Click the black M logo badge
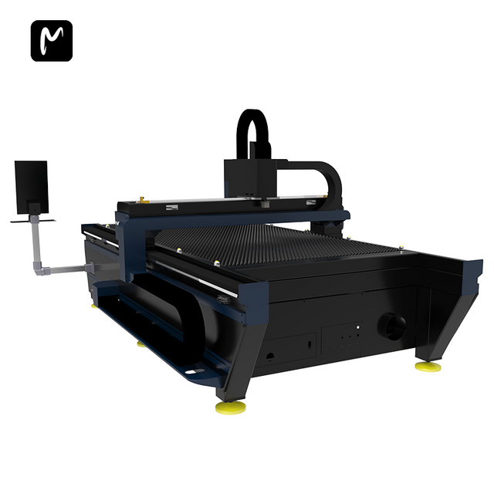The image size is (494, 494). coord(51,41)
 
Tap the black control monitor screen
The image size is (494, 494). coord(31,186)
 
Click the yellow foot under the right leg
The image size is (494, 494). coord(428,366)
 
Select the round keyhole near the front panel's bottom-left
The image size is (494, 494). coord(270,357)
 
